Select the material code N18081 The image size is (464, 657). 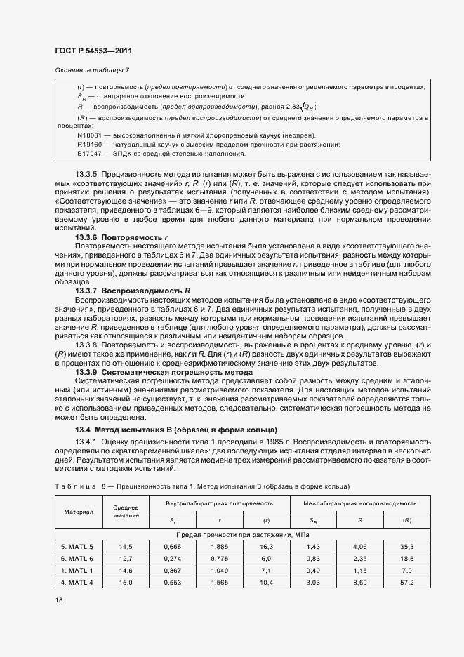click(x=90, y=135)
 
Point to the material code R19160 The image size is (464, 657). click(x=90, y=144)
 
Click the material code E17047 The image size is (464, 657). click(x=90, y=153)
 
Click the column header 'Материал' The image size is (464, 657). click(x=79, y=511)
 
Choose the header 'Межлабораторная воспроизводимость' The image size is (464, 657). click(x=359, y=503)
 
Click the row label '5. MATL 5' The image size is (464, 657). click(x=77, y=545)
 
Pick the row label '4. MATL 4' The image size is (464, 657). click(x=77, y=583)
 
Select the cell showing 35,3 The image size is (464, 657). click(x=406, y=545)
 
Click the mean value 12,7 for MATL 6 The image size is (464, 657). click(x=125, y=558)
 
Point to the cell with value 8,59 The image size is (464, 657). click(x=359, y=583)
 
